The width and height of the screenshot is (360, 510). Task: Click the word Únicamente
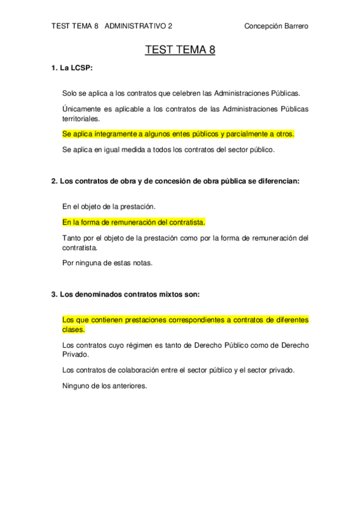[x=82, y=109]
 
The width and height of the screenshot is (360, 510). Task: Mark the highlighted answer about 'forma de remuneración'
[x=133, y=222]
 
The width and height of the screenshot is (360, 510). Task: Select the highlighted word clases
[x=73, y=330]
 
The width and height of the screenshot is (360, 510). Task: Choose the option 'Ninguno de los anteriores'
[x=105, y=386]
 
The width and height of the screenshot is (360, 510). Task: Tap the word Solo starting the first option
[x=70, y=93]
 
